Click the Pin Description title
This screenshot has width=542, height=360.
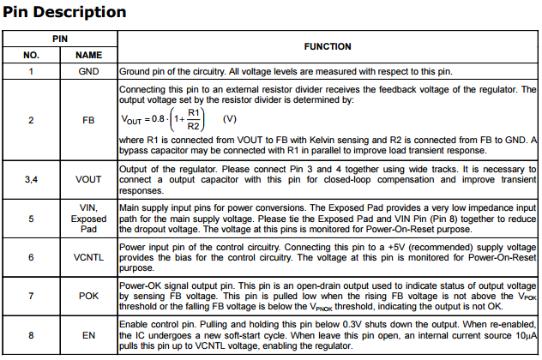click(x=65, y=12)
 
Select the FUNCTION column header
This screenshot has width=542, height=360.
click(x=327, y=46)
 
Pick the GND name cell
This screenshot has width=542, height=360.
click(x=88, y=71)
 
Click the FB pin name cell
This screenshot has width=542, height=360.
click(x=88, y=121)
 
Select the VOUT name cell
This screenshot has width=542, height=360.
click(x=88, y=179)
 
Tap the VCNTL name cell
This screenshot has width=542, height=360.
click(x=88, y=256)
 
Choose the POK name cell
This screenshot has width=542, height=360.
click(x=88, y=296)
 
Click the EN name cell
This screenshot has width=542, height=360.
click(x=88, y=335)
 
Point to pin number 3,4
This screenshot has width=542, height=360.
click(x=31, y=179)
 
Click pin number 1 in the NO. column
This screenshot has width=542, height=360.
click(x=31, y=71)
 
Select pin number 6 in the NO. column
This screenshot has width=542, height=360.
click(x=31, y=256)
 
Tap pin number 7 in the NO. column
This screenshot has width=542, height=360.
click(x=31, y=296)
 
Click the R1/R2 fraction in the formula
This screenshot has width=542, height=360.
click(x=193, y=118)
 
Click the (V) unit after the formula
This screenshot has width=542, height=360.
click(x=229, y=118)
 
